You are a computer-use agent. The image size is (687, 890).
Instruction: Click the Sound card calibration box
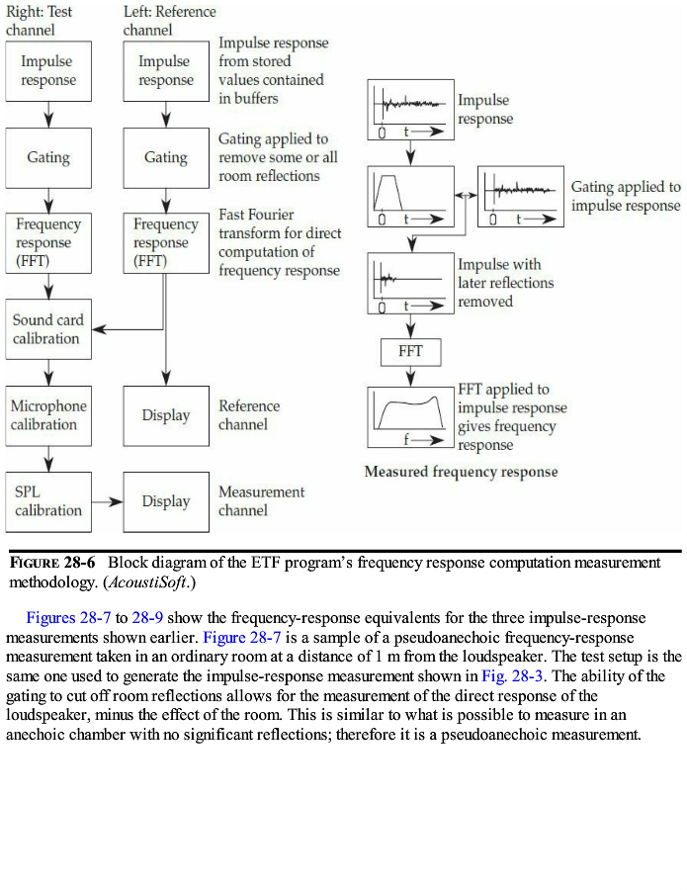[48, 329]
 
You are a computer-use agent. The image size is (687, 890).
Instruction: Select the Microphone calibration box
[48, 415]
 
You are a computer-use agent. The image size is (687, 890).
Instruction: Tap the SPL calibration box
[48, 501]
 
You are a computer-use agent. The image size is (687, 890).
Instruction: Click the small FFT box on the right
[410, 351]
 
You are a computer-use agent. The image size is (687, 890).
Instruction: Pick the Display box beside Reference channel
[165, 415]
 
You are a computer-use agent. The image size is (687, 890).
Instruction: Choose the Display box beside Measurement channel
[165, 501]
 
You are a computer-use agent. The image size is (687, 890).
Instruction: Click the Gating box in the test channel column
[48, 157]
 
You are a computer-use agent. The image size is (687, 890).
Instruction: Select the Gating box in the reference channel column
[165, 157]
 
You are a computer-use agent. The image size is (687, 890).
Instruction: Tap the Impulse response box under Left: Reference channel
[165, 71]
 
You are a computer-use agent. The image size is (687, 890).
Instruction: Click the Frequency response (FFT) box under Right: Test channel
[48, 243]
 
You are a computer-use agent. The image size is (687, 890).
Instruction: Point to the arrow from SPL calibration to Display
[107, 501]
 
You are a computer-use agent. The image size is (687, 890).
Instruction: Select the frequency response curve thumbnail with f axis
[410, 413]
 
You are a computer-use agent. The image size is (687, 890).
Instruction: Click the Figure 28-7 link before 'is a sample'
[243, 637]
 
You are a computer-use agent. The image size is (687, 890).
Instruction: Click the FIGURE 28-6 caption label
[52, 563]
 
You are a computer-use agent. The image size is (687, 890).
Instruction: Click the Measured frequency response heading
[461, 472]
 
